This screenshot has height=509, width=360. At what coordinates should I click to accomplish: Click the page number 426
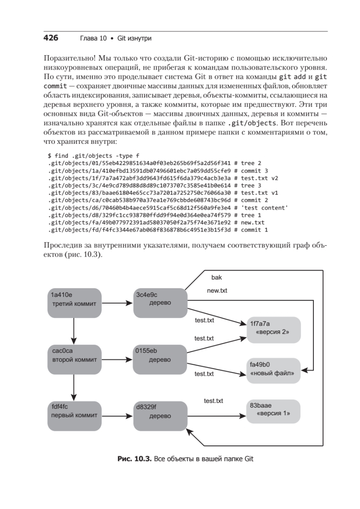[50, 38]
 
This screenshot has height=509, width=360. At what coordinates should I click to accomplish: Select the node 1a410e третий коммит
[74, 303]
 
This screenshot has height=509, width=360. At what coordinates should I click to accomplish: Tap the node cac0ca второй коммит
[74, 359]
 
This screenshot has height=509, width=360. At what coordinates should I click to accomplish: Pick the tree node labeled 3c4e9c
[160, 303]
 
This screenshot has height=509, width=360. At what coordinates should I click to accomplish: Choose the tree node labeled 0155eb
[160, 359]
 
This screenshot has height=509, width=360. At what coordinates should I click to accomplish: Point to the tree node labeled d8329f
[160, 416]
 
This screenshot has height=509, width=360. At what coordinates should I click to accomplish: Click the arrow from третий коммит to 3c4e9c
[117, 303]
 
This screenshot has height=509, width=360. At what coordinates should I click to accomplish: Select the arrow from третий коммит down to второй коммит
[74, 331]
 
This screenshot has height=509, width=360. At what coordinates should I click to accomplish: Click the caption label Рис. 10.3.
[134, 459]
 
